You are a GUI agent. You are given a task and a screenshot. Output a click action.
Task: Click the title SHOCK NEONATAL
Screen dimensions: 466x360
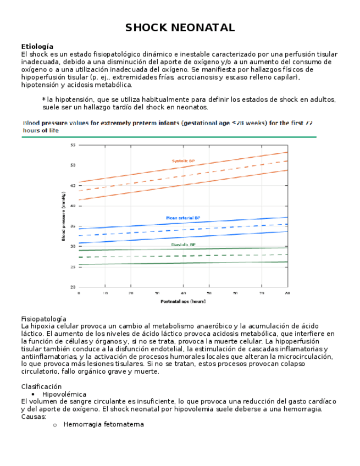tap(180, 27)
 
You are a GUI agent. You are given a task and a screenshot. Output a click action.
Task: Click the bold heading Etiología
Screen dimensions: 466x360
tap(37, 47)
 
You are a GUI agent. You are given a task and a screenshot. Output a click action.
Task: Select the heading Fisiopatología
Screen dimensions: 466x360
tap(43, 319)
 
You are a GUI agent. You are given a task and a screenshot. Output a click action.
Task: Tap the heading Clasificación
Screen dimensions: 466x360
tap(41, 386)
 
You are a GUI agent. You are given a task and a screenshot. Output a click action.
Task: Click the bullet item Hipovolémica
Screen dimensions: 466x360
tap(64, 394)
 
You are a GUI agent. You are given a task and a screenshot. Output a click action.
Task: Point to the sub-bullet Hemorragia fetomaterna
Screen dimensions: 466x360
tap(103, 424)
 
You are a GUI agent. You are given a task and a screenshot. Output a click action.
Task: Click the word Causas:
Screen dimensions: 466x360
tap(34, 417)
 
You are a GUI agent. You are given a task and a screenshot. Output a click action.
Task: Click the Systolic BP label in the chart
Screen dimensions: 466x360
tap(183, 161)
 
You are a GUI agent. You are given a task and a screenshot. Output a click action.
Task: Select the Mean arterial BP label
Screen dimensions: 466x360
tap(183, 218)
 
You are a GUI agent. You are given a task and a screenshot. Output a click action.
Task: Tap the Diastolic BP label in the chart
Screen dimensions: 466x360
tap(183, 245)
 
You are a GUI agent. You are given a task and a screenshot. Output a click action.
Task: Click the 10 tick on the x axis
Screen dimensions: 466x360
tap(105, 293)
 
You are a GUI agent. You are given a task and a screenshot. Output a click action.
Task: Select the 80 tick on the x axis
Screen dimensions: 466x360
tap(287, 293)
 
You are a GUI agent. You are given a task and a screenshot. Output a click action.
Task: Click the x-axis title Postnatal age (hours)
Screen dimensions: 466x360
tap(183, 301)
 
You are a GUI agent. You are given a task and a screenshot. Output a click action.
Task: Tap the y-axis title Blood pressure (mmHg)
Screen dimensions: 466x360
tap(64, 216)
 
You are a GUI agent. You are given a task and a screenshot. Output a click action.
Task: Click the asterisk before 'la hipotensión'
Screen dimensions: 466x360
tap(43, 99)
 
